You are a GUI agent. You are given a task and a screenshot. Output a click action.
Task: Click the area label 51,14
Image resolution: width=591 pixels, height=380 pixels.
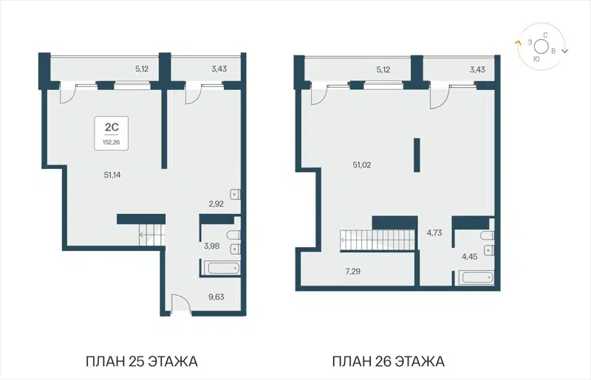[113, 174]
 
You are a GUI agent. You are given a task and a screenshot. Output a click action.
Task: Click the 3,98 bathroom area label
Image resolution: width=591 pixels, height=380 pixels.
[211, 246]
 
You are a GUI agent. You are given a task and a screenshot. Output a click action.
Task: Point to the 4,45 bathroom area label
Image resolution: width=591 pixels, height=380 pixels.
[470, 257]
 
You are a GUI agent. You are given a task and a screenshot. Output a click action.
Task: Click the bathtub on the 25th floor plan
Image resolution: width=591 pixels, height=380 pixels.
[219, 267]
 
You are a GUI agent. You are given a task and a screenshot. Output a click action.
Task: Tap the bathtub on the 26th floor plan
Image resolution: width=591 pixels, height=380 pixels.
[476, 278]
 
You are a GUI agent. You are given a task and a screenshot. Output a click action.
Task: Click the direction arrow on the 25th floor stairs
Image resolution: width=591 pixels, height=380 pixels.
[141, 236]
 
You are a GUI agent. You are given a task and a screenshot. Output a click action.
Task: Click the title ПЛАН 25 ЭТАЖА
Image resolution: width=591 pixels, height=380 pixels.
[142, 362]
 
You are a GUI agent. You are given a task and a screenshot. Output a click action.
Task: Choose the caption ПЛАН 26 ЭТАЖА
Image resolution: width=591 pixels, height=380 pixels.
[388, 362]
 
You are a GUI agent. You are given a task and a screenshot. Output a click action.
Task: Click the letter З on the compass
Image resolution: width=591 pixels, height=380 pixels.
[530, 44]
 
